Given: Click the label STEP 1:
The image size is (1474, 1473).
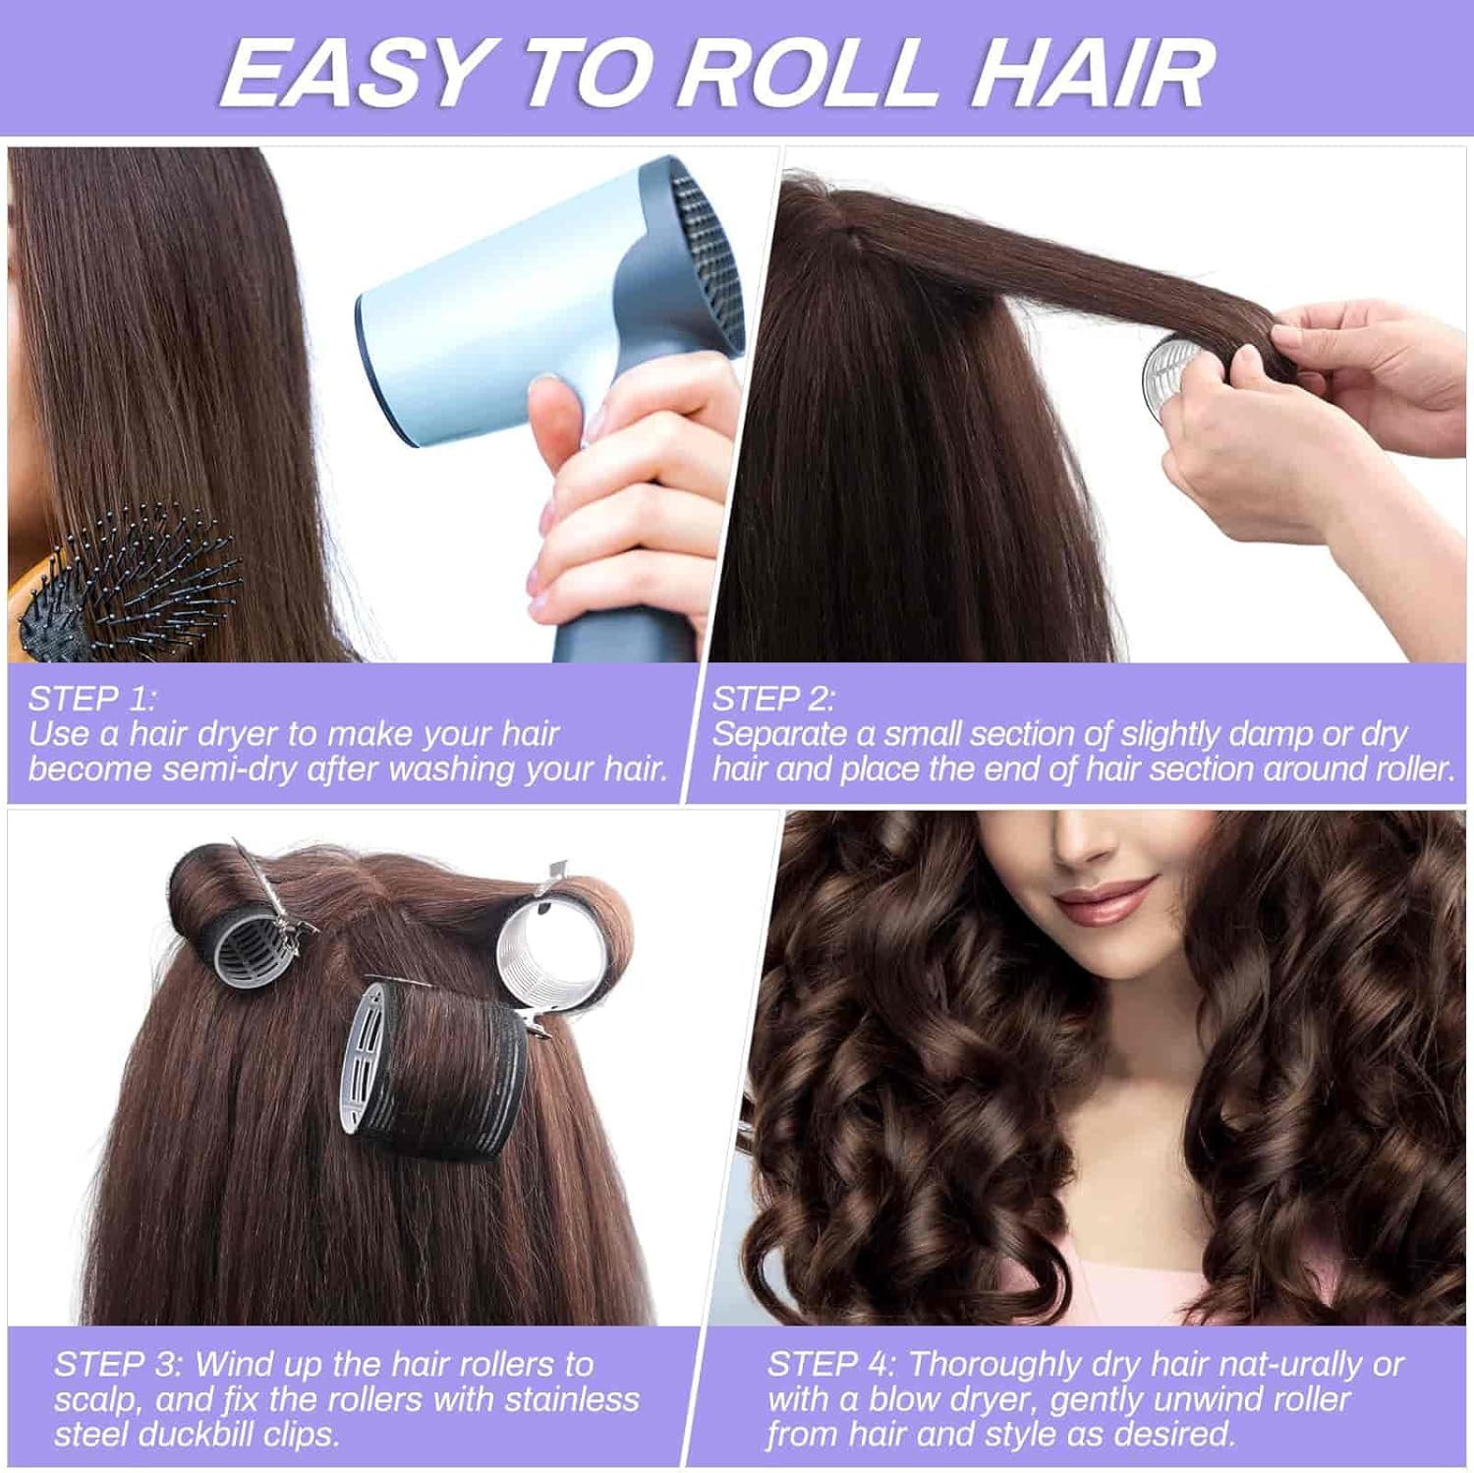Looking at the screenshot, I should [91, 699].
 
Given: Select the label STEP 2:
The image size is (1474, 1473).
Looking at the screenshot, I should [773, 699].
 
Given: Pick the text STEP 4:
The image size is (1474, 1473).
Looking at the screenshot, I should [831, 1364].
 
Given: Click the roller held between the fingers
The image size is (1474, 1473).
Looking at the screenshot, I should [1171, 378].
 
